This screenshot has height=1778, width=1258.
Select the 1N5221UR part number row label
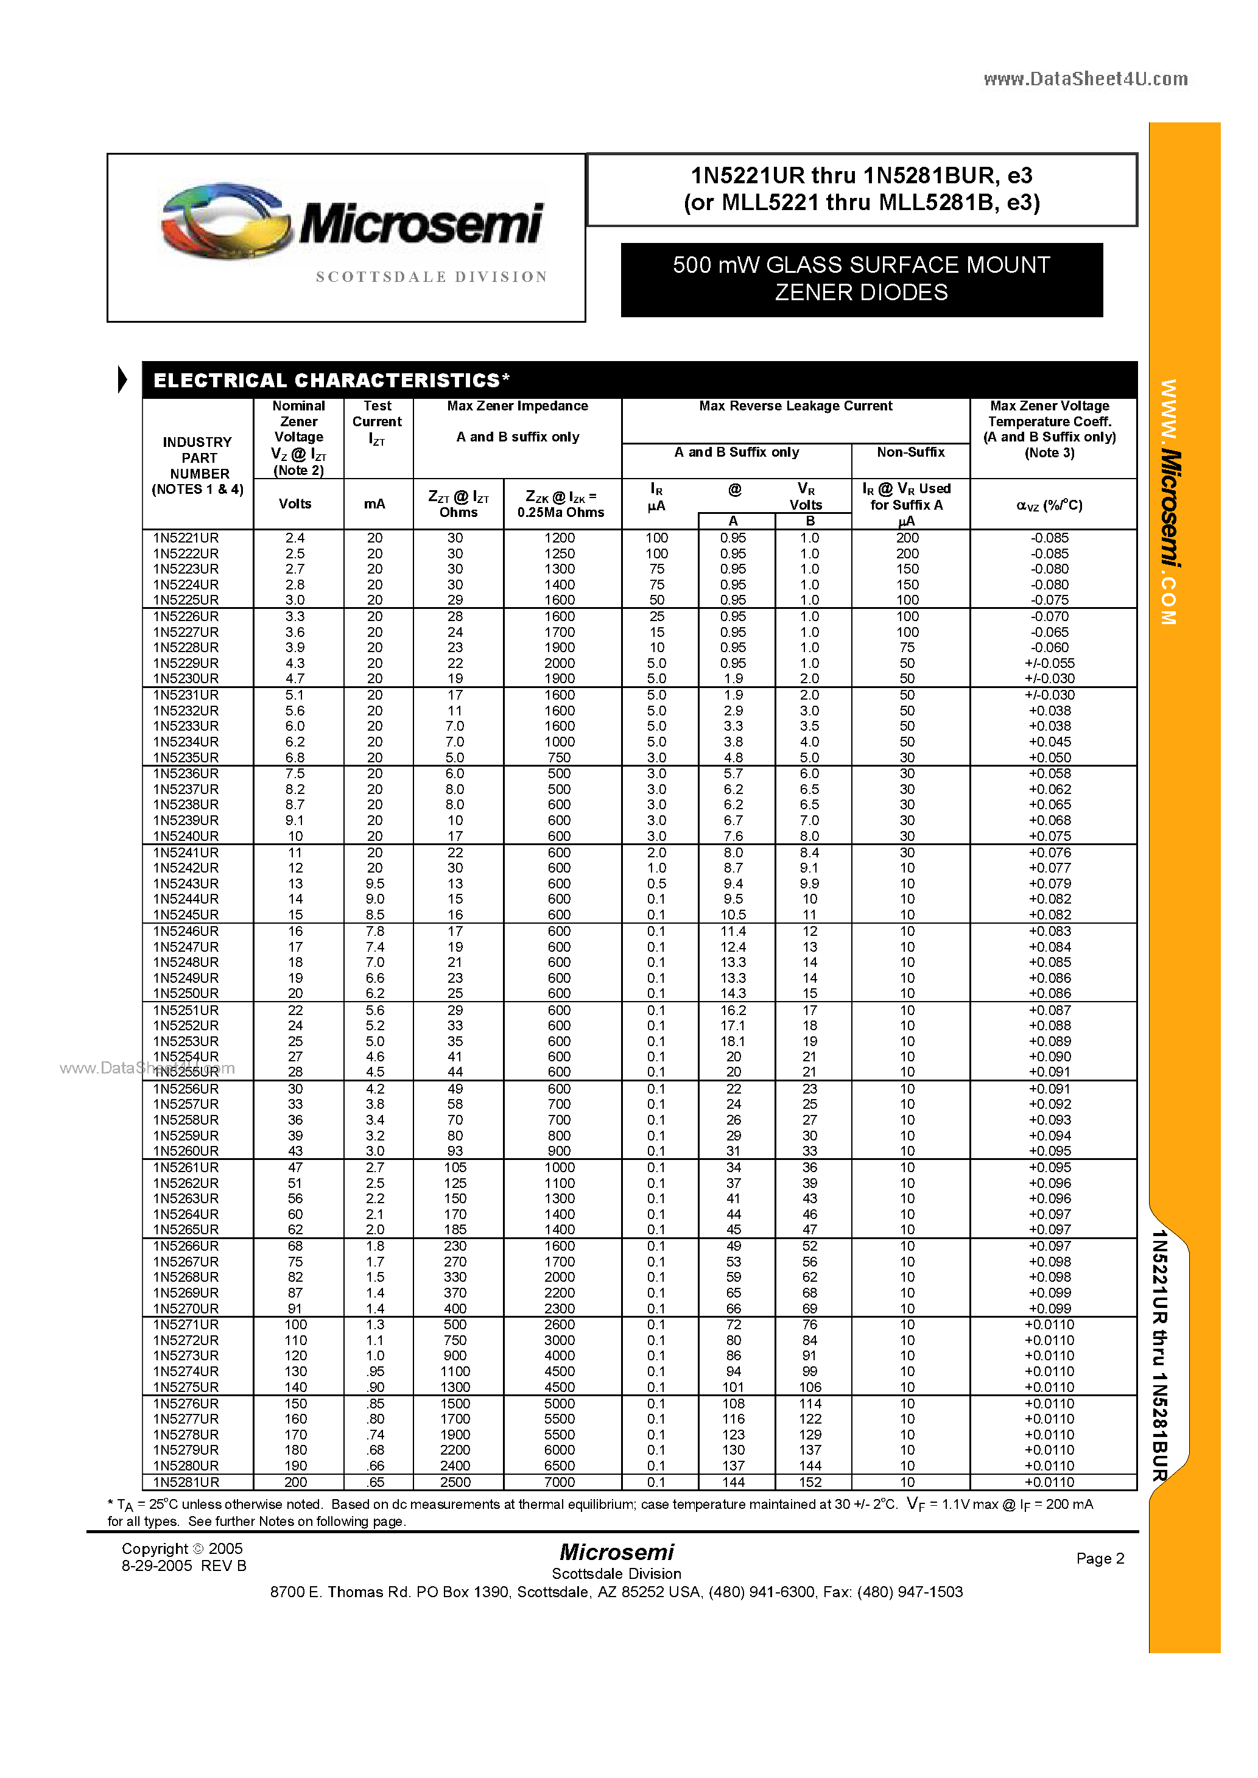186,538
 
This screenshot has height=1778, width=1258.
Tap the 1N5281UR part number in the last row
186,1481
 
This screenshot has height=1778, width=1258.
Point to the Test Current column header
378,422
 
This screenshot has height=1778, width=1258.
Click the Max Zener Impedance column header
518,406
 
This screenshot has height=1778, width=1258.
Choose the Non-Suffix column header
910,452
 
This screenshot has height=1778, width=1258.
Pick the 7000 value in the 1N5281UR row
560,1481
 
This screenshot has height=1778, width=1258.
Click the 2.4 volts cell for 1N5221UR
295,538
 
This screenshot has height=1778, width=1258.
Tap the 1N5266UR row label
186,1245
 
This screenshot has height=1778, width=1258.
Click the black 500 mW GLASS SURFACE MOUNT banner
862,279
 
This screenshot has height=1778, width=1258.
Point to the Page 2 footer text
1099,1558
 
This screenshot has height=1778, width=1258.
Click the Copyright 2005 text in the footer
182,1549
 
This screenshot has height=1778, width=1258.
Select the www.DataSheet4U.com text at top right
1085,78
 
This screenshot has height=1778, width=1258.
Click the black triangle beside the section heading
122,379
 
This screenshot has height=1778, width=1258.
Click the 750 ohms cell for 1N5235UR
560,757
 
